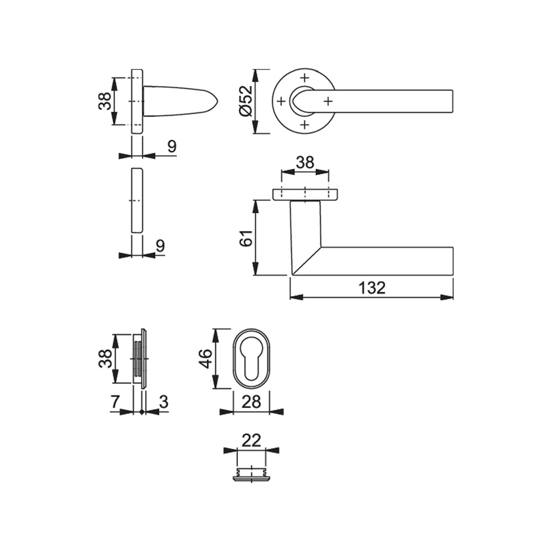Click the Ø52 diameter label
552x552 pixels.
[246, 100]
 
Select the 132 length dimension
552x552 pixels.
[372, 288]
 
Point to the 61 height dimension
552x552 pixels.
[246, 238]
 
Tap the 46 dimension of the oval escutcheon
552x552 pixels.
[206, 358]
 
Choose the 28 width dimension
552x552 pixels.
[251, 402]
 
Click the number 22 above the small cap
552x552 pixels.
[251, 440]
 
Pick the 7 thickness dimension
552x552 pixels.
[115, 402]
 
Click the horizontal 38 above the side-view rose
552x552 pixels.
[305, 163]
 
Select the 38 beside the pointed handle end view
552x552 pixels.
[104, 100]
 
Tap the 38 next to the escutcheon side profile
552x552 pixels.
[104, 358]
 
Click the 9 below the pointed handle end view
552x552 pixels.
[172, 146]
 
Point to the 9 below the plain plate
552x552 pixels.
[160, 246]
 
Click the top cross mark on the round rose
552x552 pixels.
[305, 77]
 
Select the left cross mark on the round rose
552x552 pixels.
[281, 102]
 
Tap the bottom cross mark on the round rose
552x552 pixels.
[305, 125]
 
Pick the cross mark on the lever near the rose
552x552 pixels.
[328, 102]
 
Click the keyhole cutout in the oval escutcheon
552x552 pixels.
[251, 359]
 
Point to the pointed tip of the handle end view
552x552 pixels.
[218, 102]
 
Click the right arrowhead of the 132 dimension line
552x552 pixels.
[447, 298]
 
